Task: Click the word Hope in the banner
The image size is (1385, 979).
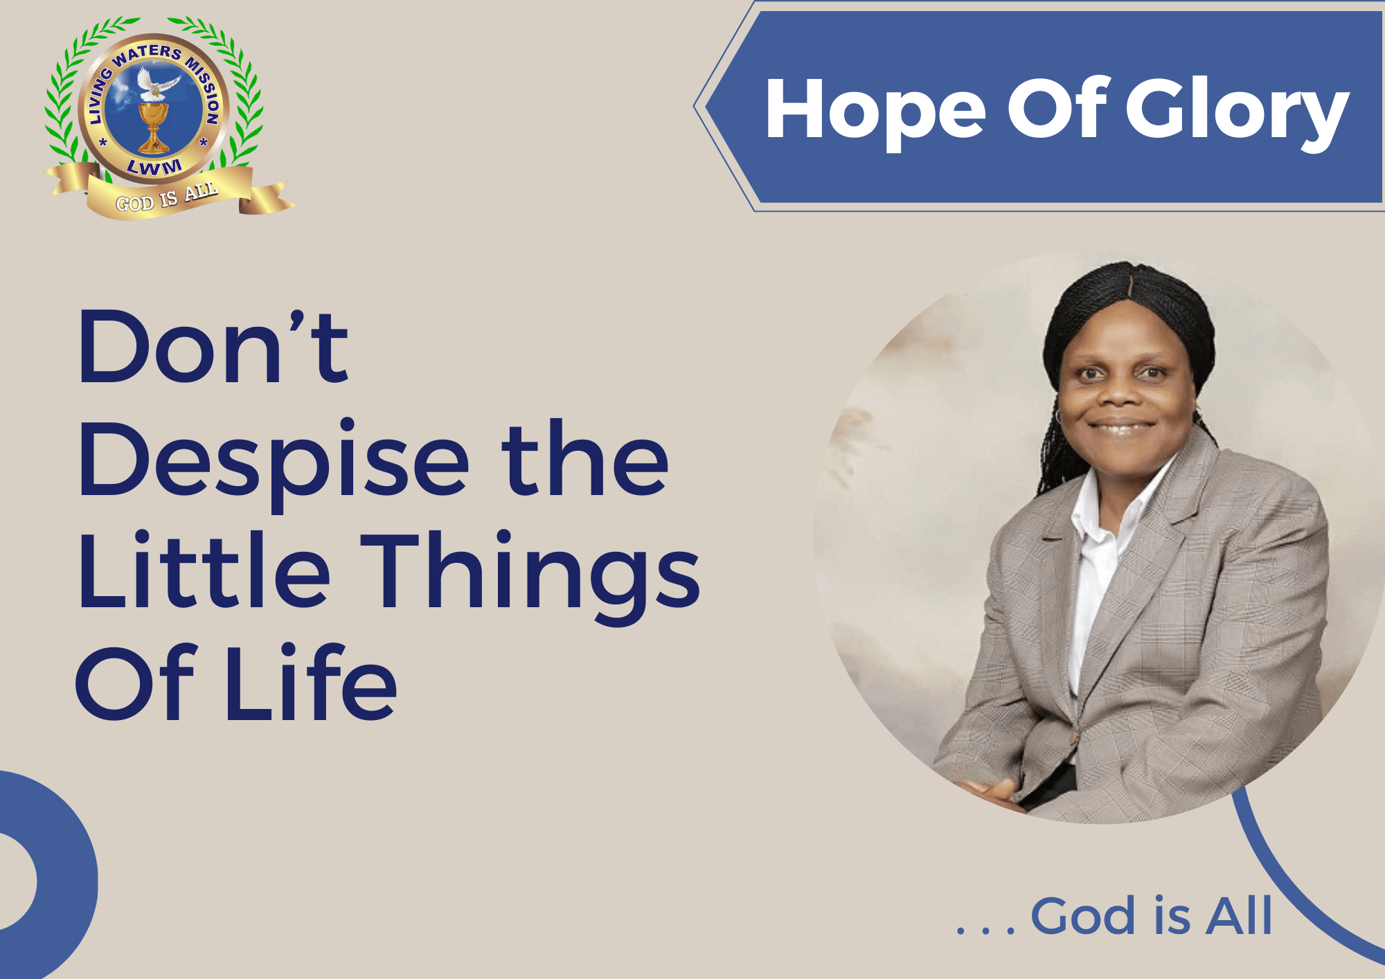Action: click(875, 111)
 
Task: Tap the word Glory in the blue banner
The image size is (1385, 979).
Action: click(1237, 111)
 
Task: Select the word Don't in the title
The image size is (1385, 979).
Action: click(213, 347)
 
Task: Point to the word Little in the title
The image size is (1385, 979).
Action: click(204, 571)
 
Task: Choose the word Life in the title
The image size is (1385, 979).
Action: click(311, 681)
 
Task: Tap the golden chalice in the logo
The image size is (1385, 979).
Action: click(153, 127)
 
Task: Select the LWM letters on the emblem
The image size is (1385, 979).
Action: click(154, 166)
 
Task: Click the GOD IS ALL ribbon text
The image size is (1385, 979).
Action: click(167, 197)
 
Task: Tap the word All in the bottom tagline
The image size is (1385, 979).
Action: click(1239, 915)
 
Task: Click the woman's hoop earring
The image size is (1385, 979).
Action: click(1059, 417)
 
